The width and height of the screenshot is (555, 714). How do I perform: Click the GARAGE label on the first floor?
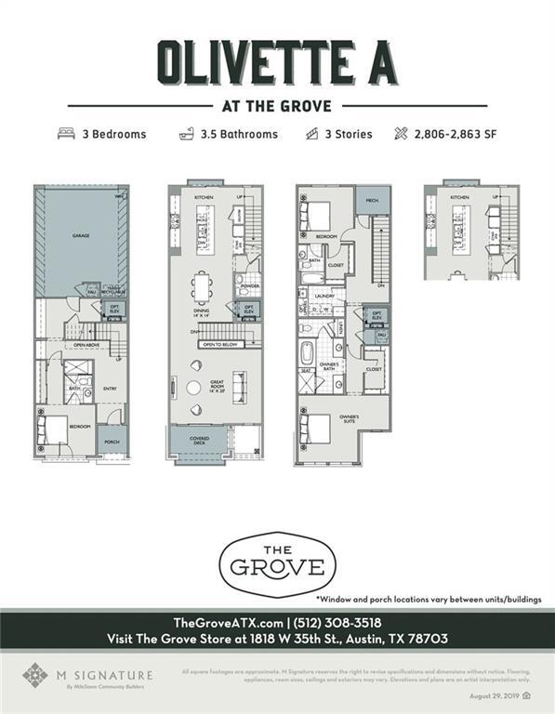click(82, 236)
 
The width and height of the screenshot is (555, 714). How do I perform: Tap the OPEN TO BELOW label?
click(219, 343)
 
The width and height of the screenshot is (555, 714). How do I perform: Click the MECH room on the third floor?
click(372, 199)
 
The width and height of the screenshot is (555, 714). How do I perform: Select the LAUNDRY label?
click(324, 297)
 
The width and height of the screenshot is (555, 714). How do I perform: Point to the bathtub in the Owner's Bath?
click(308, 354)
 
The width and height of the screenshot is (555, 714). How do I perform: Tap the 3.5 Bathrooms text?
click(239, 134)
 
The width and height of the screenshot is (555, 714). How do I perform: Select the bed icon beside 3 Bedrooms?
click(66, 134)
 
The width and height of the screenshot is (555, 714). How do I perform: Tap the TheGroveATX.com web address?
click(229, 622)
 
